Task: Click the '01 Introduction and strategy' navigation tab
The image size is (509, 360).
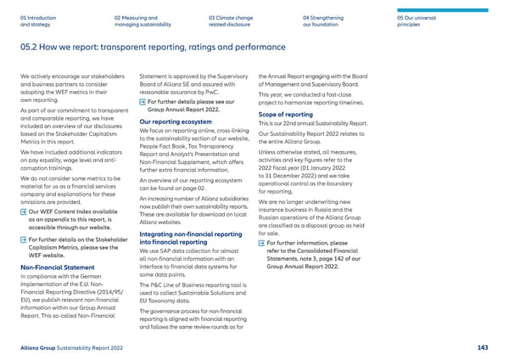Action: pyautogui.click(x=37, y=20)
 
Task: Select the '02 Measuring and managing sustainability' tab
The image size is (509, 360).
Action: pyautogui.click(x=136, y=20)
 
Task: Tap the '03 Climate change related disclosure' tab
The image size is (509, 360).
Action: pyautogui.click(x=232, y=20)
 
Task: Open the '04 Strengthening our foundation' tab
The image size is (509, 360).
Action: pyautogui.click(x=324, y=20)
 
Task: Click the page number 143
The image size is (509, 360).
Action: pyautogui.click(x=482, y=347)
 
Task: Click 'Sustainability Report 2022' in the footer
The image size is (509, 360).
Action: pyautogui.click(x=99, y=347)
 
